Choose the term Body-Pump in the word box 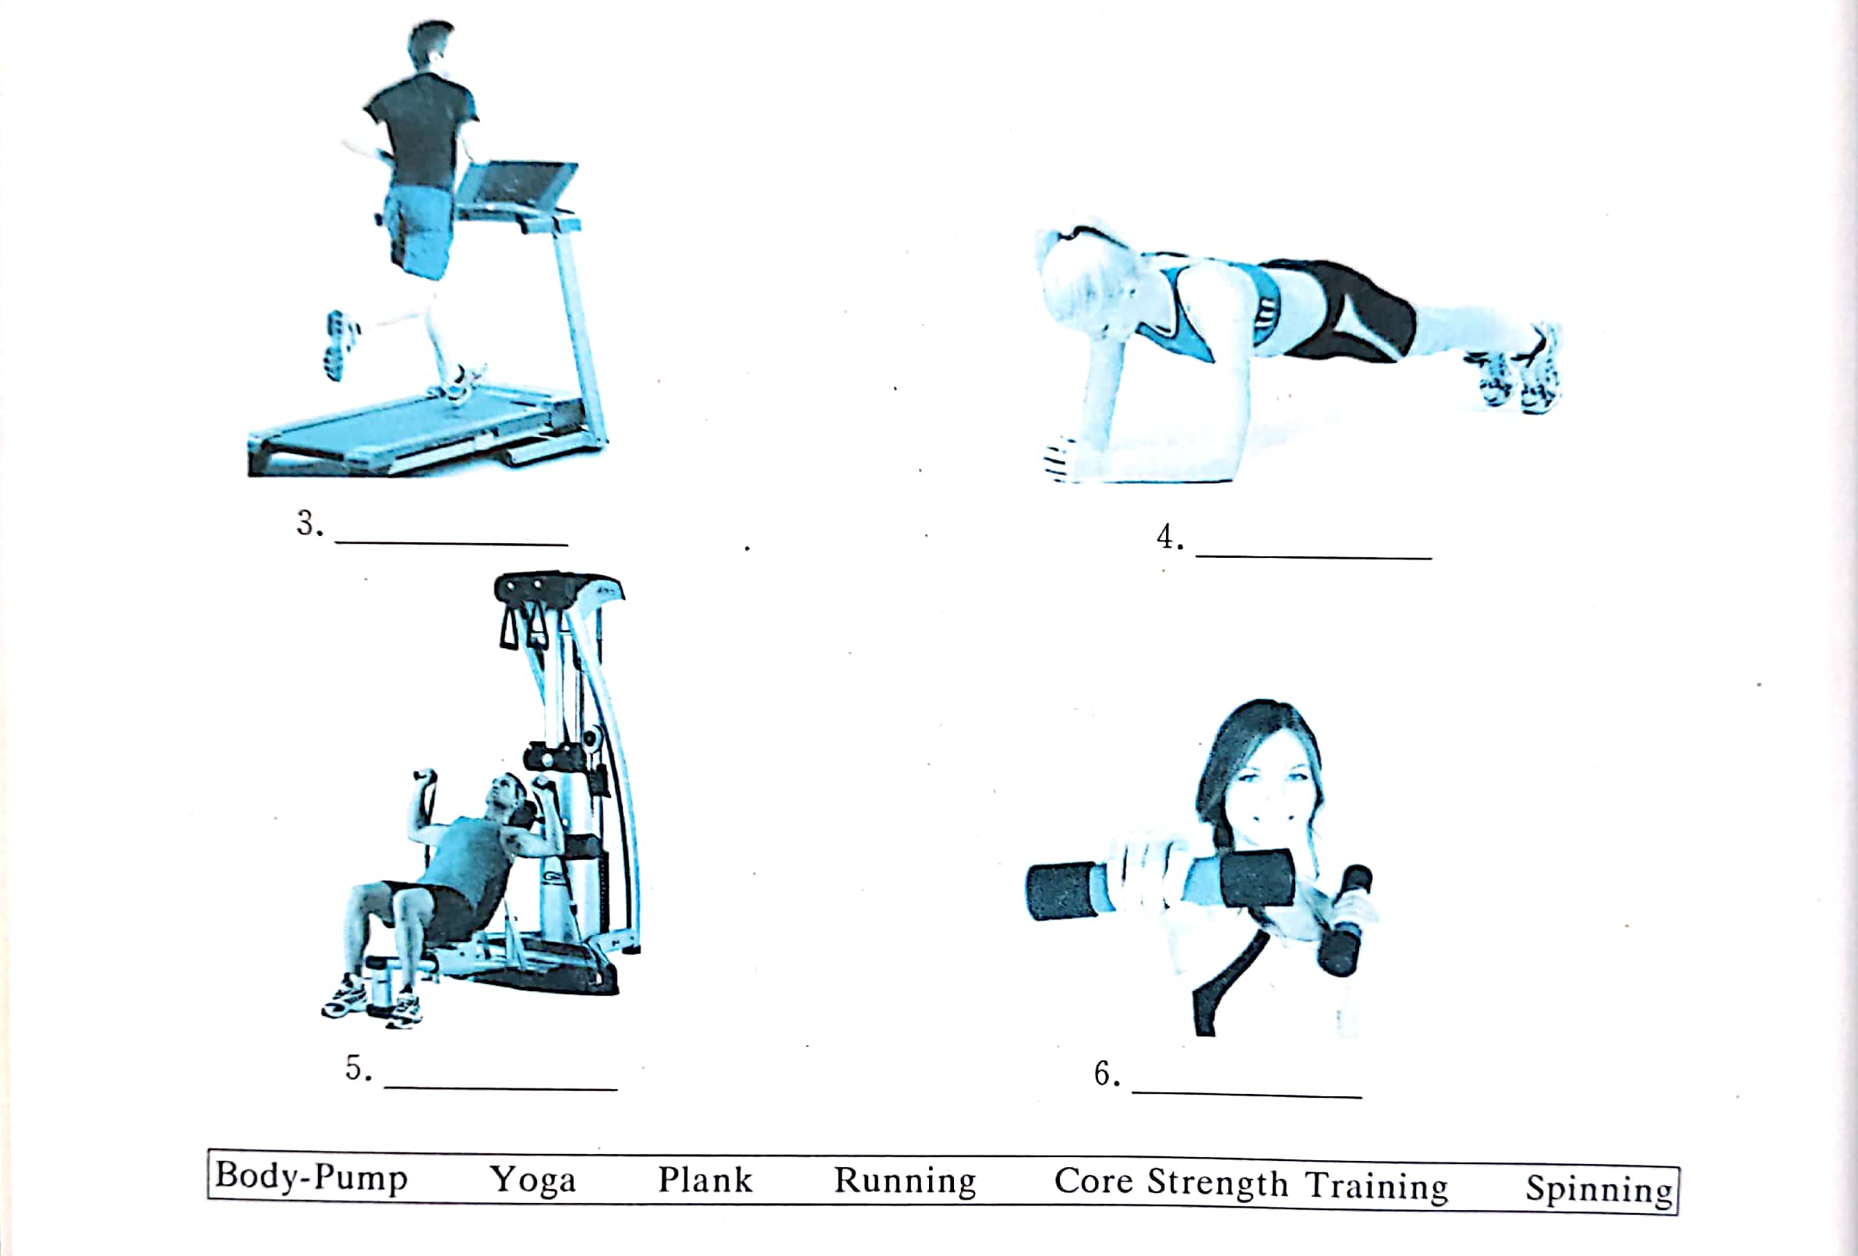tap(312, 1177)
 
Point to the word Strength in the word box tap(1217, 1184)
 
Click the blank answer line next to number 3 tap(452, 544)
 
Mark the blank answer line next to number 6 tap(1247, 1094)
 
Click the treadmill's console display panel tap(517, 183)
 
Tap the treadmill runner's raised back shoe tap(342, 345)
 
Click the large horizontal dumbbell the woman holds tap(1159, 884)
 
